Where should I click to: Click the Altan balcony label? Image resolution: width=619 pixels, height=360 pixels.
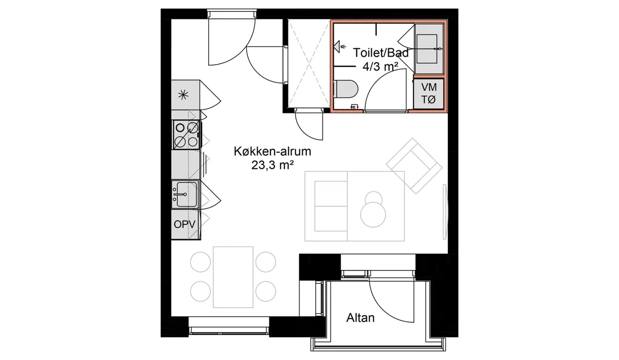(360, 318)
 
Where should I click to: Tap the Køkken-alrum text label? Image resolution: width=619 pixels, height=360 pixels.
(272, 152)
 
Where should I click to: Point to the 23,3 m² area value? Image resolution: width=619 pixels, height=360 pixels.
(272, 165)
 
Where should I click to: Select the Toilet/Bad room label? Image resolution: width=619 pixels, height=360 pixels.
(381, 53)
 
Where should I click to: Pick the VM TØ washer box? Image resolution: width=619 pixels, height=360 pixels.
(429, 94)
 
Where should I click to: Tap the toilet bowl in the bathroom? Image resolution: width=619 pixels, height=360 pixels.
(345, 89)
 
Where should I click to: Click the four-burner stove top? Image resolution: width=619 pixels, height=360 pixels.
(187, 135)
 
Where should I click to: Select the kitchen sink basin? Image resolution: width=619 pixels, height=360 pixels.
(185, 194)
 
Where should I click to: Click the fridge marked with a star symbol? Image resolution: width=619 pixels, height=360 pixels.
(186, 95)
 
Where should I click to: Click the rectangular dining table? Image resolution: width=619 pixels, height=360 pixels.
(233, 277)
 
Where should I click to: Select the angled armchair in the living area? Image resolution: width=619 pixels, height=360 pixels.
(414, 166)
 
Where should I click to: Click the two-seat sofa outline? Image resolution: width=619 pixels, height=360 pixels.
(326, 206)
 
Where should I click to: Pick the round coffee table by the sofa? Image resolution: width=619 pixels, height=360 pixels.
(373, 214)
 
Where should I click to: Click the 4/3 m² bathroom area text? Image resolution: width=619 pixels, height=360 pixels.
(380, 66)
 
